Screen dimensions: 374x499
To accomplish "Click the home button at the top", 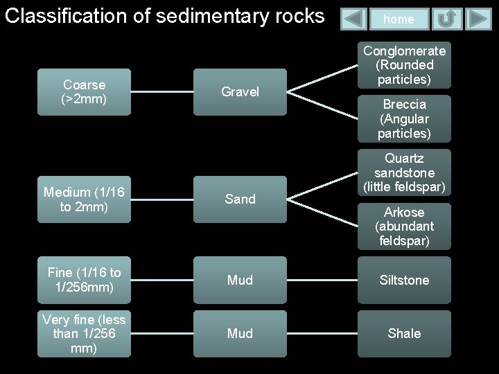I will click(399, 19).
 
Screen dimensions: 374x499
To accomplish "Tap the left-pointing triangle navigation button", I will click(354, 19).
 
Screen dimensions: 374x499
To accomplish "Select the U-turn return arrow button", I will click(447, 19).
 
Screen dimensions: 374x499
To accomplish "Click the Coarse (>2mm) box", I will click(84, 91).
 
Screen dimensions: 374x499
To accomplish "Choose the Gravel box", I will click(240, 91).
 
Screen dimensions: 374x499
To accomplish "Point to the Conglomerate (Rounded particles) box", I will click(404, 66).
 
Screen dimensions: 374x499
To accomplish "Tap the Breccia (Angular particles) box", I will click(404, 118).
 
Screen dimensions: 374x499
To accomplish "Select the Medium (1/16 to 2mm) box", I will click(84, 199).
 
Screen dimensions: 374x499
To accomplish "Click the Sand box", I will click(240, 199).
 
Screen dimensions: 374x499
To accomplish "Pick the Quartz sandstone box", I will click(404, 172).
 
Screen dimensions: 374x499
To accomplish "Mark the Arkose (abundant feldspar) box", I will click(404, 226).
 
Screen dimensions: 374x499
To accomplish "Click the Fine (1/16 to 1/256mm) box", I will click(84, 280).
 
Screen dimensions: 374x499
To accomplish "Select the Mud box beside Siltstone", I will click(240, 280).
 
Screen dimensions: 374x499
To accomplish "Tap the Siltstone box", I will click(404, 280).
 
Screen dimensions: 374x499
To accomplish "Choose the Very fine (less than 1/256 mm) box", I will click(84, 333).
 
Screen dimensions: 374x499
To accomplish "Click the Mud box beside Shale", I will click(240, 333).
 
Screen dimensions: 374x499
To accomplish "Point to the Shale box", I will click(404, 333).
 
